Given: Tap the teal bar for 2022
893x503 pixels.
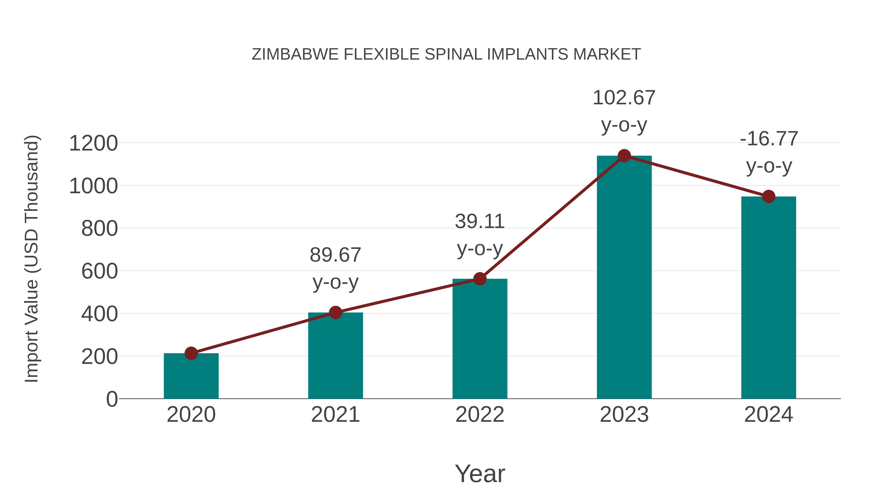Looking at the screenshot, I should pyautogui.click(x=480, y=339).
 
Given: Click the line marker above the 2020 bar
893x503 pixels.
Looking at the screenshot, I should pyautogui.click(x=191, y=353).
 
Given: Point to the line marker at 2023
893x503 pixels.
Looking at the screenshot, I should pyautogui.click(x=624, y=156).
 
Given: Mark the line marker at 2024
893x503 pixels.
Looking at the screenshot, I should pyautogui.click(x=768, y=196).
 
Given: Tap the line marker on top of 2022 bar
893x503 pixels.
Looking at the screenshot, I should pyautogui.click(x=480, y=279).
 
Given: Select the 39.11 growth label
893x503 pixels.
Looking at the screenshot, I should pyautogui.click(x=480, y=222).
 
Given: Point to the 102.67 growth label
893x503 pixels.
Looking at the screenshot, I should pyautogui.click(x=624, y=98).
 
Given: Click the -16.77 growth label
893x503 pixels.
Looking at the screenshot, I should pyautogui.click(x=768, y=139).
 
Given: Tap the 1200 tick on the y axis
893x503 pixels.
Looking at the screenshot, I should pyautogui.click(x=93, y=143).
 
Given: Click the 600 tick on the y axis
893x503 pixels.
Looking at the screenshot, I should pyautogui.click(x=99, y=271).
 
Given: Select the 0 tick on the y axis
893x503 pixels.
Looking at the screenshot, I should pyautogui.click(x=112, y=399).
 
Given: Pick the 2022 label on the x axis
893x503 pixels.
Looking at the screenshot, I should pyautogui.click(x=480, y=415).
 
